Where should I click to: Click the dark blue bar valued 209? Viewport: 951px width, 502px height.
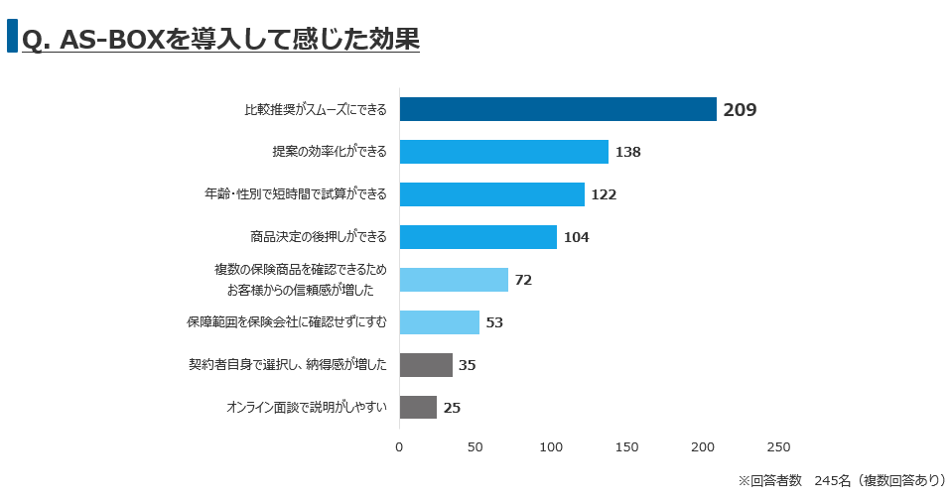point(558,109)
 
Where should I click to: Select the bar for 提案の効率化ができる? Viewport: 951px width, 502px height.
point(503,152)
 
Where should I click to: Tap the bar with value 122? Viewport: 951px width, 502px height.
point(491,194)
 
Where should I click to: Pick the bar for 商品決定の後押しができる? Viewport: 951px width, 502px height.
point(477,237)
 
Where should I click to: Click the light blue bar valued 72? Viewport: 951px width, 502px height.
point(454,280)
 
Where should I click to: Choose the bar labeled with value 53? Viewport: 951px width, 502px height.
point(439,322)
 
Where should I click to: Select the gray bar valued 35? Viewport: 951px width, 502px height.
point(426,365)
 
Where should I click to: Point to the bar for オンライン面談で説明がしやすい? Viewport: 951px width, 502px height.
point(418,407)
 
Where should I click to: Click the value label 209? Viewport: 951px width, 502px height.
point(740,110)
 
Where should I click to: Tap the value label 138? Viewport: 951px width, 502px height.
point(627,153)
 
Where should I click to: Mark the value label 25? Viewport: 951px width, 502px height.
point(452,408)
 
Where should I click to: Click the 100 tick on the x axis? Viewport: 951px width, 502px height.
point(551,447)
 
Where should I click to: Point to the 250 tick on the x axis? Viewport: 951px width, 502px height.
point(778,447)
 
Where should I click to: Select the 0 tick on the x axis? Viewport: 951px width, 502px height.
point(399,447)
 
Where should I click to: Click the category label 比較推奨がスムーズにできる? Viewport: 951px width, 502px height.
point(316,110)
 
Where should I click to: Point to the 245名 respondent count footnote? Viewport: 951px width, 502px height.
point(832,480)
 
